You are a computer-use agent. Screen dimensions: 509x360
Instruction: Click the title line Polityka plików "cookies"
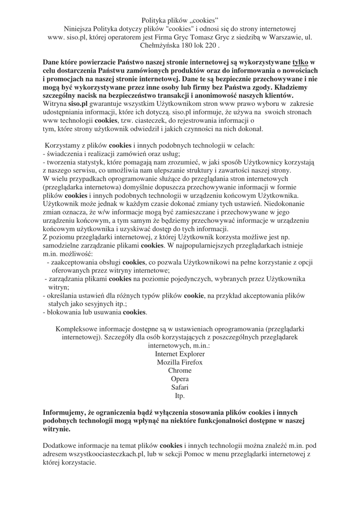click(x=180, y=20)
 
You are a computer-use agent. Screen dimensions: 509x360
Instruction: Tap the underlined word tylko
click(x=301, y=62)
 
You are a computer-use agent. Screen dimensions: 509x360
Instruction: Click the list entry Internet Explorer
click(x=180, y=353)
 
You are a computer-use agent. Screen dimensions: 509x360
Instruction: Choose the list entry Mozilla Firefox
click(x=180, y=362)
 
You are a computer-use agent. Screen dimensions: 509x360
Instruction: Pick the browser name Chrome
click(x=180, y=371)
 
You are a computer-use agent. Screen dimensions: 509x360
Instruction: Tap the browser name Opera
click(x=180, y=379)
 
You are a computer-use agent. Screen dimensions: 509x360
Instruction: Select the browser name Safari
click(x=180, y=388)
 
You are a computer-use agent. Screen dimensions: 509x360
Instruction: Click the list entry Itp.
click(x=180, y=396)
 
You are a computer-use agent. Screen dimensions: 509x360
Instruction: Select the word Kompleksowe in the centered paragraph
click(x=79, y=329)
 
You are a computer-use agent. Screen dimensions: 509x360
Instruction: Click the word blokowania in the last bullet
click(x=63, y=312)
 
